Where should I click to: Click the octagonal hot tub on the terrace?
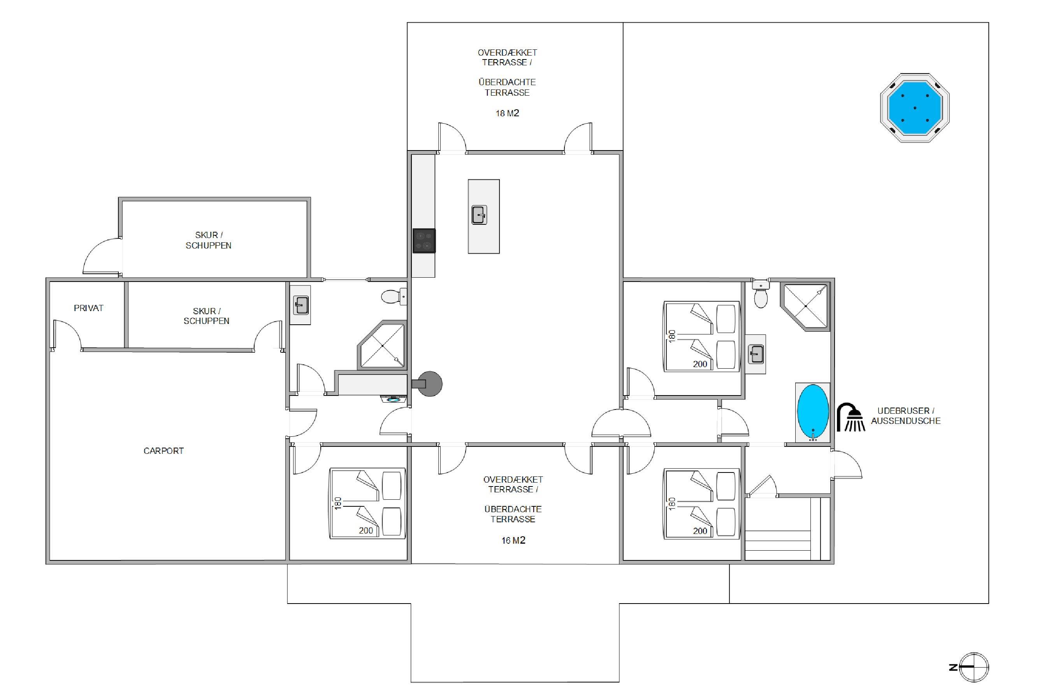point(914,108)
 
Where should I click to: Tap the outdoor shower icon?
point(851,417)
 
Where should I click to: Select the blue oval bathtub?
point(813,411)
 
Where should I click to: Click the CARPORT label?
point(163,451)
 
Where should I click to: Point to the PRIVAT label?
point(88,308)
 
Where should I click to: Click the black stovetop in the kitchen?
point(424,241)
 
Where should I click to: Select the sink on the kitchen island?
point(479,215)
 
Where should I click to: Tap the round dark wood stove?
point(428,383)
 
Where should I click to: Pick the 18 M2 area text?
point(507,114)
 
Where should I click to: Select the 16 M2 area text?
point(513,541)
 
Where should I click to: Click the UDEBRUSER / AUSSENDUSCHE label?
point(906,416)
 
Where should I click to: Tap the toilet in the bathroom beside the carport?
point(394,296)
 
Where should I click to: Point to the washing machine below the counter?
point(394,399)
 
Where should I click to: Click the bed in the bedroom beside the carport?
point(367,504)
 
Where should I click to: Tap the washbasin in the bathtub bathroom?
point(756,354)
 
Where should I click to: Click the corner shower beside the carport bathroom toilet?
point(382,345)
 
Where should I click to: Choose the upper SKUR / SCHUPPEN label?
point(209,240)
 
